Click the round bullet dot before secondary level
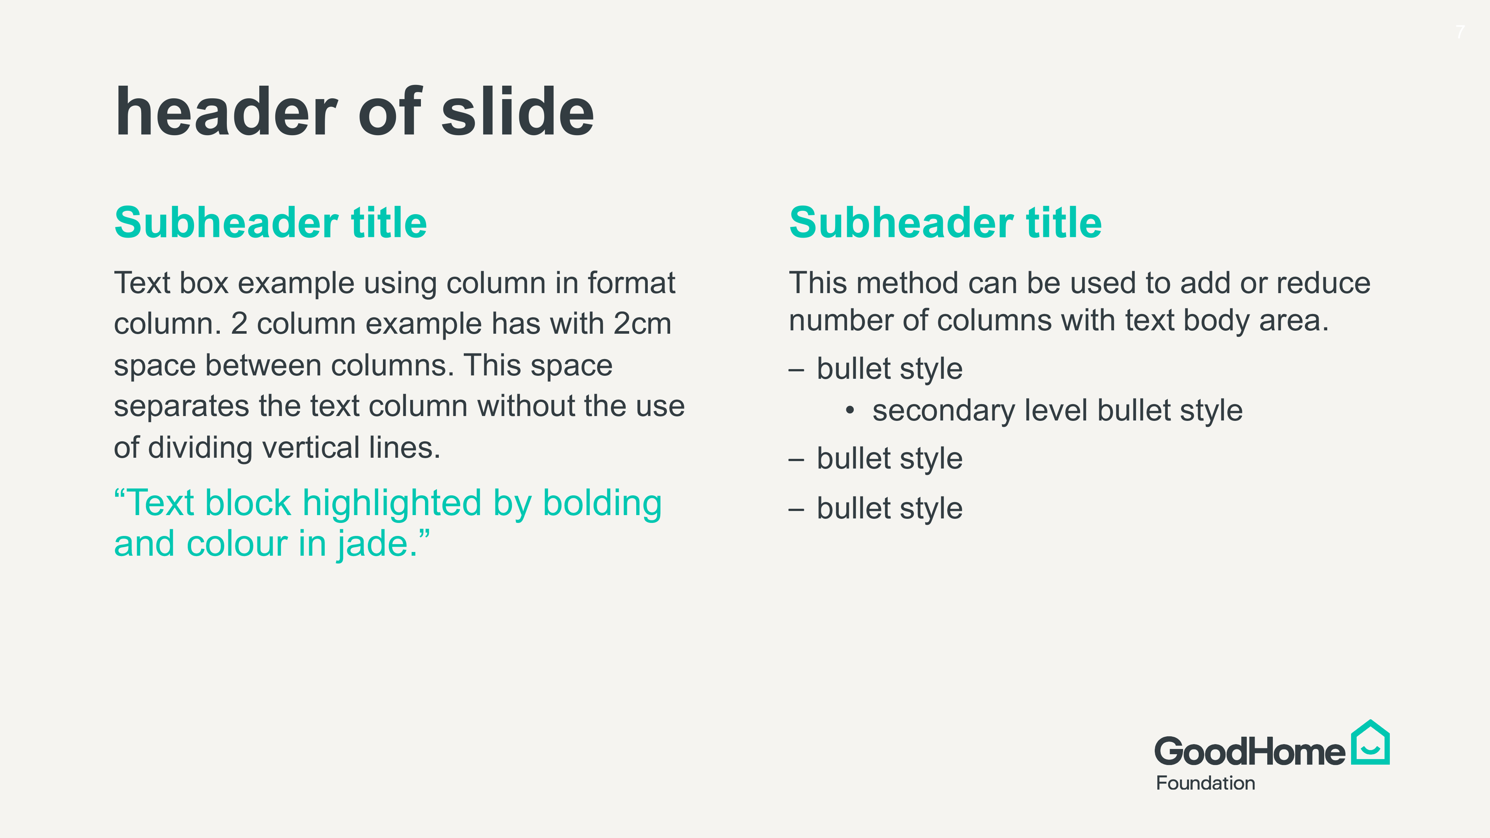(x=850, y=410)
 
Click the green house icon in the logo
(x=1370, y=743)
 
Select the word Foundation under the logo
(x=1205, y=783)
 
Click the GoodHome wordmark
(x=1249, y=751)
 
